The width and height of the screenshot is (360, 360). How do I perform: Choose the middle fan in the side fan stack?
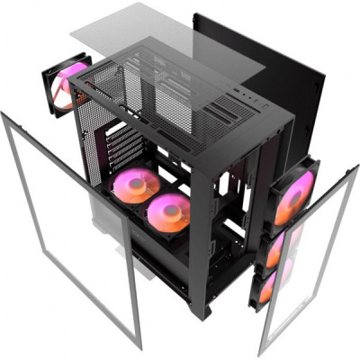(279, 245)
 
